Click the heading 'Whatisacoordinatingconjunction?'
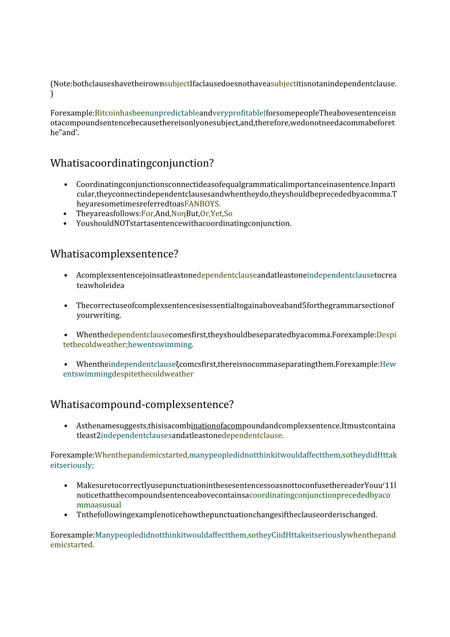coord(132,163)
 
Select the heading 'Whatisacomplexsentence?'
coord(114,254)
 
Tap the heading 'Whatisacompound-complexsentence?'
coord(142,404)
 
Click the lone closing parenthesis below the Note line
coord(52,94)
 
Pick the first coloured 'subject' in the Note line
coord(177,83)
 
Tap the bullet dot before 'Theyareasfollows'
coord(66,213)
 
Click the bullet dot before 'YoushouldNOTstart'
coord(66,223)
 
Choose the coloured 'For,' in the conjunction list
coord(148,213)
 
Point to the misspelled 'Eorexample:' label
coord(72,535)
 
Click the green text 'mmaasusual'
coord(99,505)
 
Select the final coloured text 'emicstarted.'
coord(72,544)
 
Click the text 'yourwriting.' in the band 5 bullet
coord(98,315)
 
